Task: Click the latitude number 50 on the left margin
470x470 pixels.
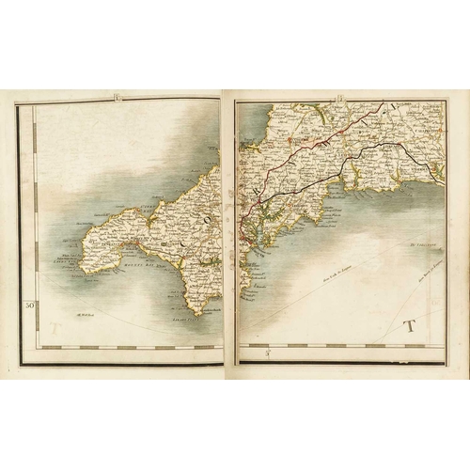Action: (29, 304)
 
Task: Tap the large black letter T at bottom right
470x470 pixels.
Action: (408, 327)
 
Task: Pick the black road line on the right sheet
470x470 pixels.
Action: (376, 150)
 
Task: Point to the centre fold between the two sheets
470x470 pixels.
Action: (228, 226)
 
